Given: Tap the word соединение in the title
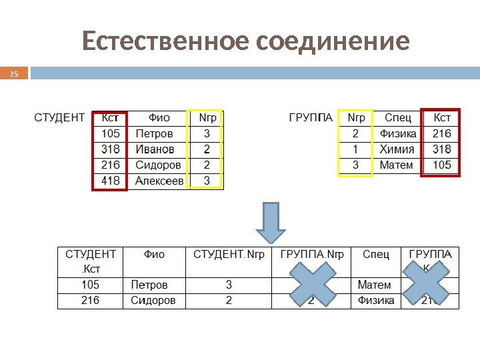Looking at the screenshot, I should point(331,42).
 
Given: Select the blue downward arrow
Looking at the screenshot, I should point(271,223).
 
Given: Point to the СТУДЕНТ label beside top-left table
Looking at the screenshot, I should point(59,118).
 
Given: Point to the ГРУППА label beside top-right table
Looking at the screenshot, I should point(310,118).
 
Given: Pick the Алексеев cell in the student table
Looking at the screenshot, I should point(159,181).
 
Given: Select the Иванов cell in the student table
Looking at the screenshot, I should point(155,149).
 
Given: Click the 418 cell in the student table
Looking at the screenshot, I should point(110,181).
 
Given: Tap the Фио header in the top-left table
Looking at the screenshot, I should point(159,118).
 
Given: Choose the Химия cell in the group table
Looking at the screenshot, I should point(397,149).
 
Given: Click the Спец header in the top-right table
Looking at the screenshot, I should point(397,118).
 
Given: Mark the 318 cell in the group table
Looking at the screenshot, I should point(441,149).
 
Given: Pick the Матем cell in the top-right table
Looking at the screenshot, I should point(396,165).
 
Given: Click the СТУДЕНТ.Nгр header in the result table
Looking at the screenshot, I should point(229,255).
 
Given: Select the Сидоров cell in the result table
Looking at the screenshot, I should point(153,301).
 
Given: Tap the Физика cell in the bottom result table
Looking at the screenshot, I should point(376,301).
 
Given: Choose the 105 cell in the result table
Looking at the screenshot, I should point(91,285).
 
